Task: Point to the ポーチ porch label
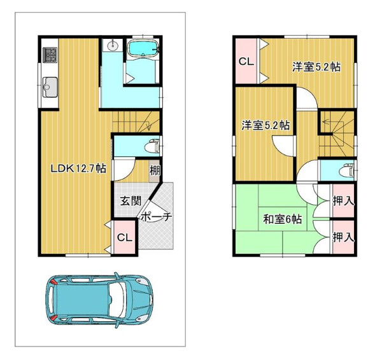tap(156, 217)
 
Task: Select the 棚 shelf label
tap(155, 170)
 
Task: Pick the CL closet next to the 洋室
tap(245, 62)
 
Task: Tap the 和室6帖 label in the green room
tap(283, 219)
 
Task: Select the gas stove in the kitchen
tap(50, 54)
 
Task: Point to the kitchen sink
tap(50, 86)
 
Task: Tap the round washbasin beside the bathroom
tap(113, 45)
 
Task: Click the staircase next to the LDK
tap(135, 121)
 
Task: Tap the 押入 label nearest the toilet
tap(343, 201)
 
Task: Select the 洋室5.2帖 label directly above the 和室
tap(265, 125)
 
